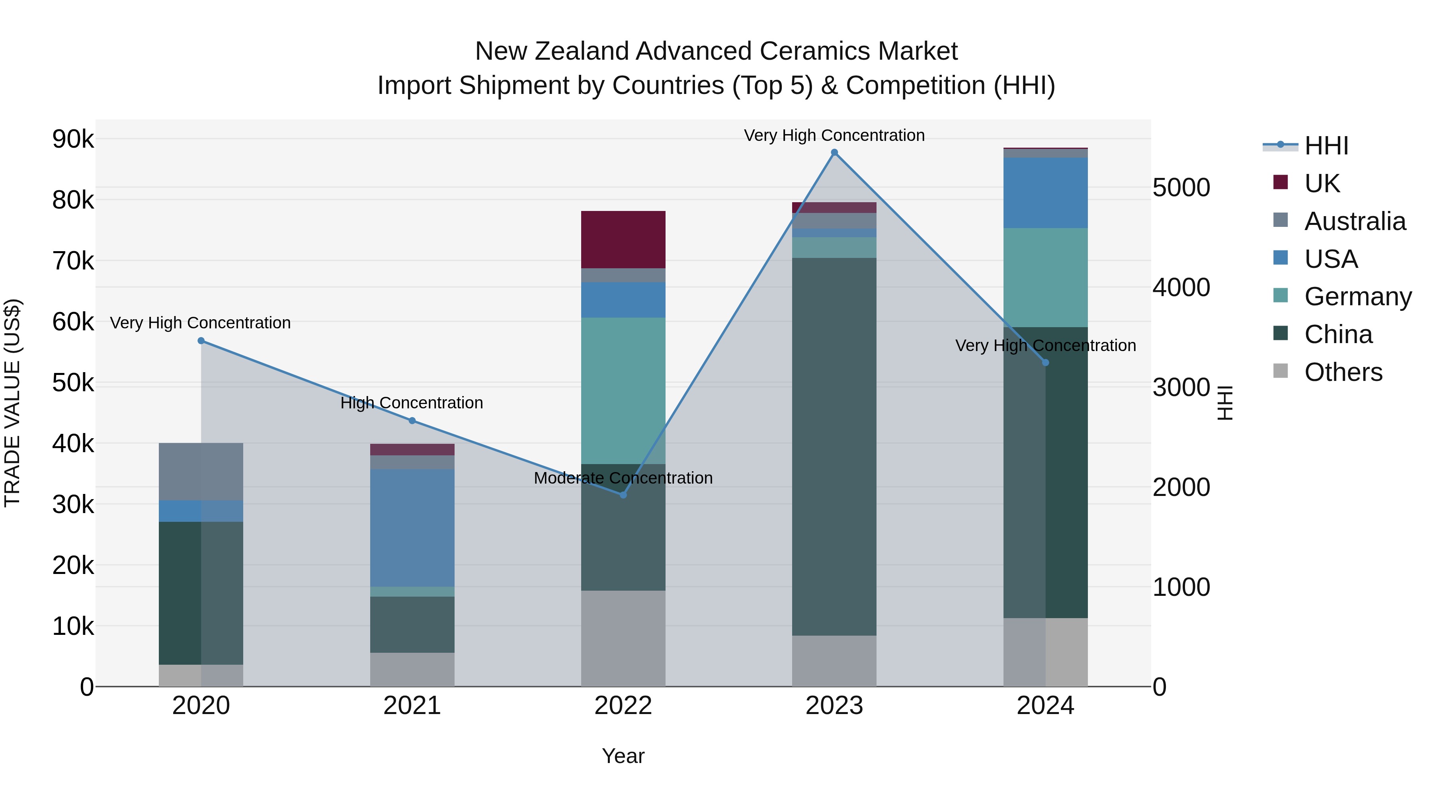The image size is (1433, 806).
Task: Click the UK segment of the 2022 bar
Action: point(623,239)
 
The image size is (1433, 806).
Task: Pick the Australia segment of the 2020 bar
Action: point(201,471)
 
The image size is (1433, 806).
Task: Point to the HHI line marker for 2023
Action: point(834,152)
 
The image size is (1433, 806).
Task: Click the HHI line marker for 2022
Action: point(623,494)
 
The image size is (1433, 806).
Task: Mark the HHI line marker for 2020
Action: point(201,340)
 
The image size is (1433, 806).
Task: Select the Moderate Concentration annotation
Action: point(623,478)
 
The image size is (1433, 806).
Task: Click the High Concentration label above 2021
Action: point(412,403)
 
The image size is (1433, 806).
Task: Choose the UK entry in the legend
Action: point(1322,183)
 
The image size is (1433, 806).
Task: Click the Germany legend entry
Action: point(1357,297)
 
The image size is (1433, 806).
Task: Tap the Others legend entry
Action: point(1343,372)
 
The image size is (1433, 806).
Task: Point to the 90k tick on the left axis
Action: point(73,139)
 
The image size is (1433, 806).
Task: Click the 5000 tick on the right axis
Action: point(1181,187)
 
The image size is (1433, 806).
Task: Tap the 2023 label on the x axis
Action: point(834,706)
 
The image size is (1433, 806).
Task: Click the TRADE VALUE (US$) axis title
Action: point(12,403)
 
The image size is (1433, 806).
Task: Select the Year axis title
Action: point(623,756)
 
